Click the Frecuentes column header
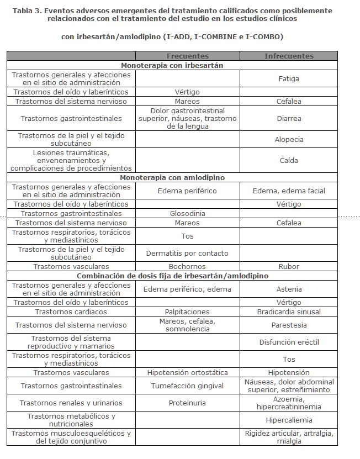(187, 56)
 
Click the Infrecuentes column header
(289, 56)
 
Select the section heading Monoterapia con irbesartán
(172, 65)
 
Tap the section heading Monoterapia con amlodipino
(172, 177)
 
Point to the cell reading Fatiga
(289, 78)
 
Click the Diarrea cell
(289, 118)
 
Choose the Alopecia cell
(289, 139)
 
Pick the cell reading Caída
(289, 160)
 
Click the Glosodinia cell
(187, 213)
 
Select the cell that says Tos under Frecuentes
(187, 236)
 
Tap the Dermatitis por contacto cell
(187, 253)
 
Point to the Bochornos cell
(187, 266)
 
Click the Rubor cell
(289, 266)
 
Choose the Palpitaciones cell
(187, 312)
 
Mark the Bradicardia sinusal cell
(289, 312)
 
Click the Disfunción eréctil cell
(289, 342)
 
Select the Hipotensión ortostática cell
(187, 372)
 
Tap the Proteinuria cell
(187, 403)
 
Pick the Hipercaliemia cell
(289, 420)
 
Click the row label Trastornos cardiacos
(71, 312)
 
